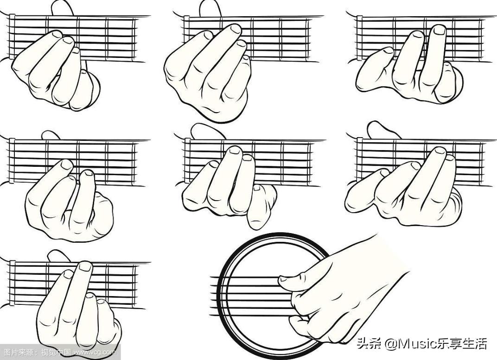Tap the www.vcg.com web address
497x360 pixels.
tap(96, 352)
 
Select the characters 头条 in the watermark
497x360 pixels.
tap(368, 344)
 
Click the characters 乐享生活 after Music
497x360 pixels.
tap(463, 344)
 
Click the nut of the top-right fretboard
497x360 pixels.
tap(359, 38)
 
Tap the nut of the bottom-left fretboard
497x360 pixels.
tap(12, 283)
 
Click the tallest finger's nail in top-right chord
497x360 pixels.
tap(440, 30)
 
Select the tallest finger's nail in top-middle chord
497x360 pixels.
tap(236, 29)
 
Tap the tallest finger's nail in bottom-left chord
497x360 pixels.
tap(85, 266)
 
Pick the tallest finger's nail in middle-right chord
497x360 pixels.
tap(440, 151)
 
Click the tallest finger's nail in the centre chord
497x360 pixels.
tap(235, 151)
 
